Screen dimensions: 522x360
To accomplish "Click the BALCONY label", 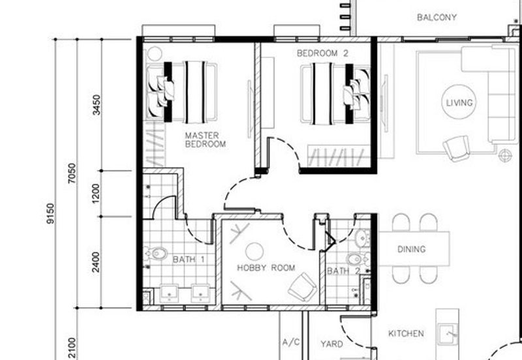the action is click(x=437, y=18).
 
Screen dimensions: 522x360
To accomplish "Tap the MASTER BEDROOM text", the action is click(x=206, y=140).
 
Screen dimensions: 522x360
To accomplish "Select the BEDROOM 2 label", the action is click(x=322, y=53).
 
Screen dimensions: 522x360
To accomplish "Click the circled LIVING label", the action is click(x=459, y=102).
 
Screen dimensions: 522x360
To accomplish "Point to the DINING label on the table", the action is click(x=412, y=249).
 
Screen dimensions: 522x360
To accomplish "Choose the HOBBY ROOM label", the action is click(x=266, y=268).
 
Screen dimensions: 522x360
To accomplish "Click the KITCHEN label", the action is click(x=406, y=333).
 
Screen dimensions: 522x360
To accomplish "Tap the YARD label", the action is click(x=331, y=344).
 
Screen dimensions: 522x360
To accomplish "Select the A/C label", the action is click(x=291, y=342).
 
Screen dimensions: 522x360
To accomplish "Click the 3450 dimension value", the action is click(x=96, y=105).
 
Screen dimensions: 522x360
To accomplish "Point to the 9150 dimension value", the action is click(x=50, y=213).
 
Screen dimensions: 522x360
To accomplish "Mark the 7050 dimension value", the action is click(x=72, y=173).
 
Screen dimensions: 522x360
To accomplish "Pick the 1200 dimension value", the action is click(x=95, y=194).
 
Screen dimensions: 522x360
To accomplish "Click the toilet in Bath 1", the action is click(x=156, y=254).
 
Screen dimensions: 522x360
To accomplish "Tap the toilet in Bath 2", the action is click(x=357, y=258).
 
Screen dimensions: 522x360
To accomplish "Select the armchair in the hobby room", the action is click(x=303, y=287).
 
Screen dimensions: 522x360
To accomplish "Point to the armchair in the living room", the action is click(x=456, y=148).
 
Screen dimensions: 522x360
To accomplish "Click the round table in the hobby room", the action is click(x=254, y=251).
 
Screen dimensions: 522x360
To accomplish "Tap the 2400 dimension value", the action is click(x=95, y=262).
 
